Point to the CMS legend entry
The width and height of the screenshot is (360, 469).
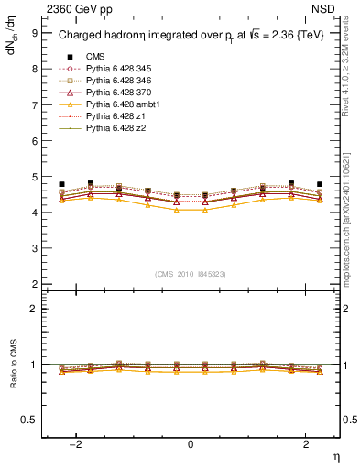[x=94, y=57]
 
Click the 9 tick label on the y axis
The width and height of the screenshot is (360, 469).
[x=34, y=33]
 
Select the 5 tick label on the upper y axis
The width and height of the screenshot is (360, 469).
[x=34, y=177]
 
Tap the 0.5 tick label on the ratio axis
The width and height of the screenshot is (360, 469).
[x=30, y=420]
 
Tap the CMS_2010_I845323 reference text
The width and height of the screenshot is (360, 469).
[x=191, y=274]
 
